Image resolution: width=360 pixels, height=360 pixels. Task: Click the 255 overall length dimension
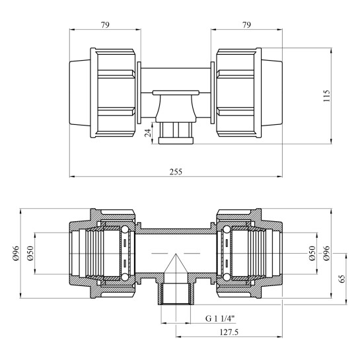176,172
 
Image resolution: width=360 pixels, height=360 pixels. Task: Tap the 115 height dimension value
326,96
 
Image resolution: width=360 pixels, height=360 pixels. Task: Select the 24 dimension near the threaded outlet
148,133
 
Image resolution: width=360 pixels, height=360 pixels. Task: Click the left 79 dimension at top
105,25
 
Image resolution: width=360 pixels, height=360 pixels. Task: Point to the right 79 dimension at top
246,25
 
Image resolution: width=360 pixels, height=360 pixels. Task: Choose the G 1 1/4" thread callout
220,318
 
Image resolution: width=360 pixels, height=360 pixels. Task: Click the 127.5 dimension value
229,332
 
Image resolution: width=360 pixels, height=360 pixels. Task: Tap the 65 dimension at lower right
342,279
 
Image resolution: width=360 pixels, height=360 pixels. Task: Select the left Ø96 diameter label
17,253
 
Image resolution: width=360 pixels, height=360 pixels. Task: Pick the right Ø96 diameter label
326,253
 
